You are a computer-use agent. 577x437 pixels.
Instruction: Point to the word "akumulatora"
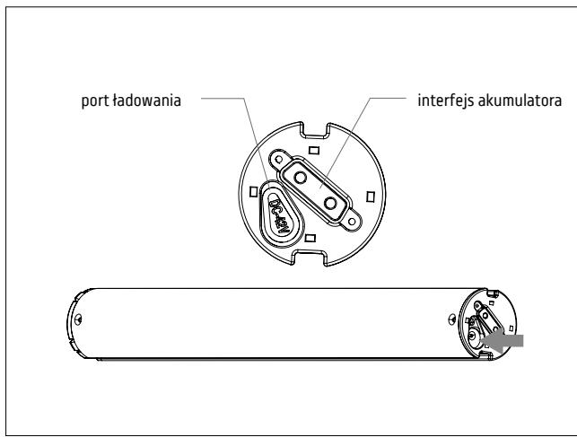coord(520,101)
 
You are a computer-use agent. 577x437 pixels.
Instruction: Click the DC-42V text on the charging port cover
coord(280,214)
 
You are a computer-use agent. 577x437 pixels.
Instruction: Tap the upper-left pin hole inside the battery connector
coord(301,178)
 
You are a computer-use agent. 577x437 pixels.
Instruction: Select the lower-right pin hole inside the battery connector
coord(330,203)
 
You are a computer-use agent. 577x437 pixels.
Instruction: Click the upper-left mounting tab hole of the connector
coord(278,160)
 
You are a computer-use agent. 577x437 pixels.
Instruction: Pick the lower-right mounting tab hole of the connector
coord(352,222)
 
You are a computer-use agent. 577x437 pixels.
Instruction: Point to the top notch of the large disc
coord(315,130)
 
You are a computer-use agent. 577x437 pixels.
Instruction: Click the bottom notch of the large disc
coord(310,258)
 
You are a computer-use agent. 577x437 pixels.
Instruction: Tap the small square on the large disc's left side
coord(254,192)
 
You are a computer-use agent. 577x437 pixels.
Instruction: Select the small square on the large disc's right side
coord(371,197)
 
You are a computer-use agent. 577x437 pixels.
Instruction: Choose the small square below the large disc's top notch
coord(314,150)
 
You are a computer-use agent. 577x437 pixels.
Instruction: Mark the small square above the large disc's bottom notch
coord(310,238)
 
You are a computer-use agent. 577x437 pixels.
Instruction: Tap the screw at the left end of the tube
coord(78,319)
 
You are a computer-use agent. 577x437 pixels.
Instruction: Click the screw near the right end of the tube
coord(452,319)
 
